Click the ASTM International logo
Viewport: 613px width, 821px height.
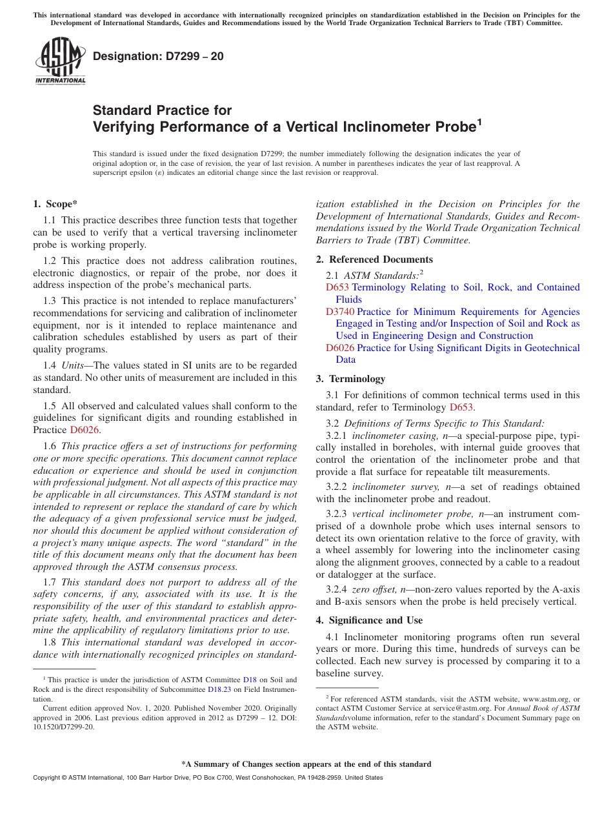(59, 61)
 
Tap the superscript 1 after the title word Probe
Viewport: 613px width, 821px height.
(479, 121)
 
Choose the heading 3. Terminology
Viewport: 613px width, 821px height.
(350, 379)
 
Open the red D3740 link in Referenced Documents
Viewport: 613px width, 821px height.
(339, 312)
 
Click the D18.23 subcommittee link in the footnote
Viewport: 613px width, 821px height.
(219, 689)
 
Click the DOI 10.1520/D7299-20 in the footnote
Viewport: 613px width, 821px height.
(63, 727)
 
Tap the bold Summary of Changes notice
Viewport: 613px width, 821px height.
(306, 764)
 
